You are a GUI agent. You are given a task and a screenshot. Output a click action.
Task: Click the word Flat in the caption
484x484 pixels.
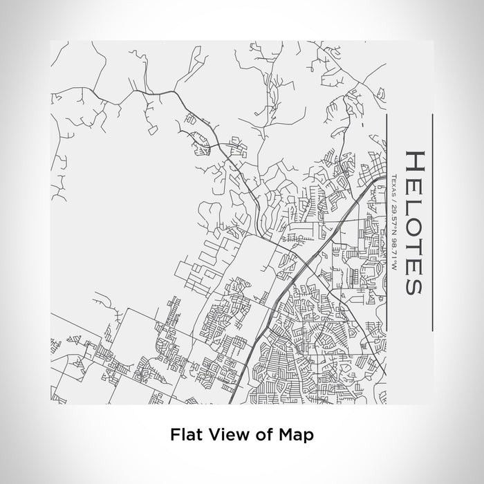(x=183, y=435)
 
